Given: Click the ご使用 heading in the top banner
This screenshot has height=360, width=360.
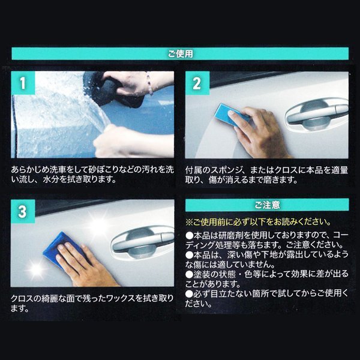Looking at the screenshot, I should click(x=180, y=53).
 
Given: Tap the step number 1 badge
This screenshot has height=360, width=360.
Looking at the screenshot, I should click(x=23, y=83).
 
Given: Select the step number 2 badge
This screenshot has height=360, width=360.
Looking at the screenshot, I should click(x=196, y=83).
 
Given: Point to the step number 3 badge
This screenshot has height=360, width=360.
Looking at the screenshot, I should click(x=23, y=212).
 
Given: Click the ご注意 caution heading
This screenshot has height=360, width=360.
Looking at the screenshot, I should click(x=267, y=205).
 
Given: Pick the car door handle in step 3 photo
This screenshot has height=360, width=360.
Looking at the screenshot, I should click(x=141, y=240).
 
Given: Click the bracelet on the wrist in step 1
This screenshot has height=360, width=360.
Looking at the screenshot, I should click(x=149, y=84).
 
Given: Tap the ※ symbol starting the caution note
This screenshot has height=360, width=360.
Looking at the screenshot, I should click(x=188, y=222).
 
